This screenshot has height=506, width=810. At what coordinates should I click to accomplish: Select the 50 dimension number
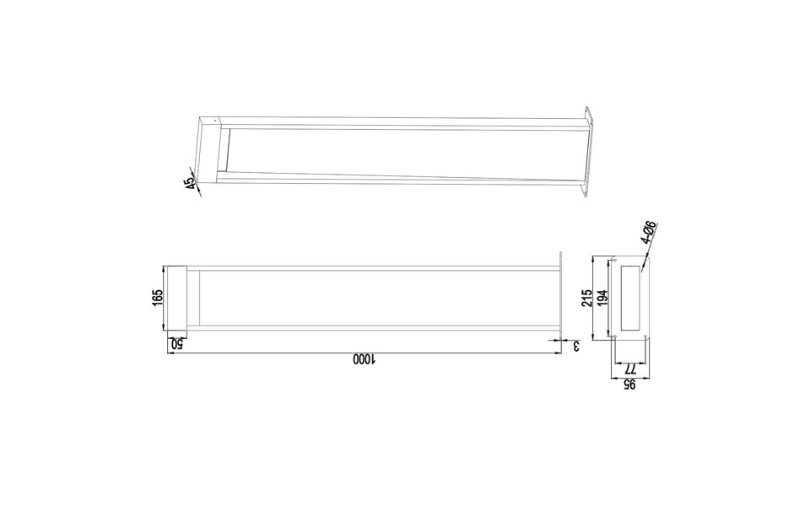pos(177,343)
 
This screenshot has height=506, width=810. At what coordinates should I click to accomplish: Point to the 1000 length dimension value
pos(363,360)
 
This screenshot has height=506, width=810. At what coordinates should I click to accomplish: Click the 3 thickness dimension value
pos(576,345)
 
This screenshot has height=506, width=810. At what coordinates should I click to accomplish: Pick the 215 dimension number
pos(588,298)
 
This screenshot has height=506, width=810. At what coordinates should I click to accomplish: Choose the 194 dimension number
pos(602,298)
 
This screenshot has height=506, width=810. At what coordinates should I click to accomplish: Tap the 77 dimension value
pos(629,368)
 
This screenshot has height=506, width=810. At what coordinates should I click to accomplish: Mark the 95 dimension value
pos(629,385)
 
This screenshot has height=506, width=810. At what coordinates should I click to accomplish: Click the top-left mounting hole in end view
pos(616,260)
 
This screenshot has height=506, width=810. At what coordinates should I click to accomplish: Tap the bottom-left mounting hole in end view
pos(616,336)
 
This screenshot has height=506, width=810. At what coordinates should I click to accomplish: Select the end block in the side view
pos(175,299)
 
